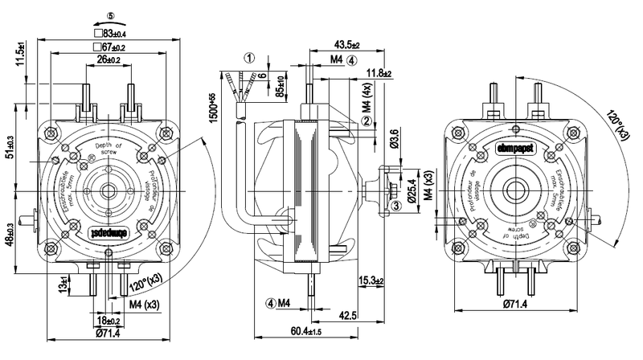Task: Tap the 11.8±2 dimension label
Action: [378, 74]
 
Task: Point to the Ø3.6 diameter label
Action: [394, 139]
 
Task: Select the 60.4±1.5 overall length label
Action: [307, 332]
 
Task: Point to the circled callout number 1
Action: [250, 58]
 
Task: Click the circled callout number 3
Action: [395, 206]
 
